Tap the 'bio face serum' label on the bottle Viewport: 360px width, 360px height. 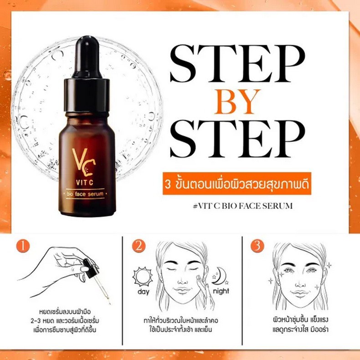coord(87,195)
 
